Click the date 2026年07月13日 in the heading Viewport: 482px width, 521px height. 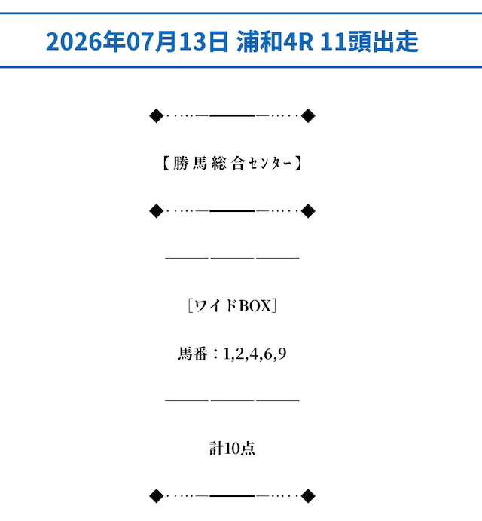click(x=137, y=41)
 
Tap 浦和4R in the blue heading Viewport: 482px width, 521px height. click(x=275, y=41)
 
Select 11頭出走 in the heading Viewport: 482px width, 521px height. click(x=369, y=41)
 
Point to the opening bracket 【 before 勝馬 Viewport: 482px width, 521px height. click(x=166, y=164)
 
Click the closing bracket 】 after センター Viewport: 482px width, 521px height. click(x=298, y=164)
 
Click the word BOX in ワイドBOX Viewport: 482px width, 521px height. click(x=255, y=305)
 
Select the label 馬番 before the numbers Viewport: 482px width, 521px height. click(x=193, y=354)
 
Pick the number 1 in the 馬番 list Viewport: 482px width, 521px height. click(x=227, y=354)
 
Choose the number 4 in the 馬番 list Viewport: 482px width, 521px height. click(x=254, y=354)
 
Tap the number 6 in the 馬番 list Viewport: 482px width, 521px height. click(x=268, y=354)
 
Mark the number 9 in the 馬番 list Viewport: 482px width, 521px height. click(x=282, y=354)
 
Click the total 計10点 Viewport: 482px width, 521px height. click(x=232, y=448)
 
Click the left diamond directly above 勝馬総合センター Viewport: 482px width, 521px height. click(x=157, y=115)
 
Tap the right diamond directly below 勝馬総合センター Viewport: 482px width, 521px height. click(x=308, y=211)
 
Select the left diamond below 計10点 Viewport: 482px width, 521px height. click(x=157, y=496)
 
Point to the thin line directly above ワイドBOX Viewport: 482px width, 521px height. click(x=233, y=258)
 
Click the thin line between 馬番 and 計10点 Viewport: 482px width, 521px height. click(x=233, y=400)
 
